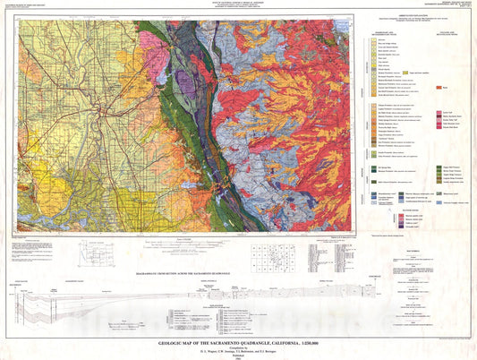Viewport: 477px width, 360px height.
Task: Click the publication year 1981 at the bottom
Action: tap(239, 356)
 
